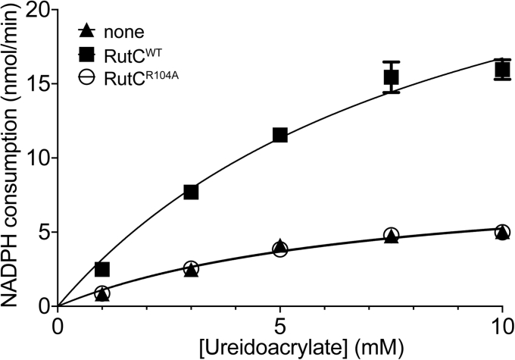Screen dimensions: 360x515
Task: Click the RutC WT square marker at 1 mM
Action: coord(102,269)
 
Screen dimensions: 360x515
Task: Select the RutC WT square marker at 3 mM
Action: coord(191,192)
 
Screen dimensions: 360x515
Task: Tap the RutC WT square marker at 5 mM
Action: coord(279,135)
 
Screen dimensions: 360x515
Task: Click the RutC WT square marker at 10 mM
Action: coord(502,70)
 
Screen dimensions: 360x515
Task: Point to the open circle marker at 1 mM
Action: coord(102,293)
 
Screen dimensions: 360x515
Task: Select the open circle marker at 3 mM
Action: coord(191,268)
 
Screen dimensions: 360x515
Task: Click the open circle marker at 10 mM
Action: coord(502,231)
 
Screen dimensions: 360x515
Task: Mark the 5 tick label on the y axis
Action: coord(40,232)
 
